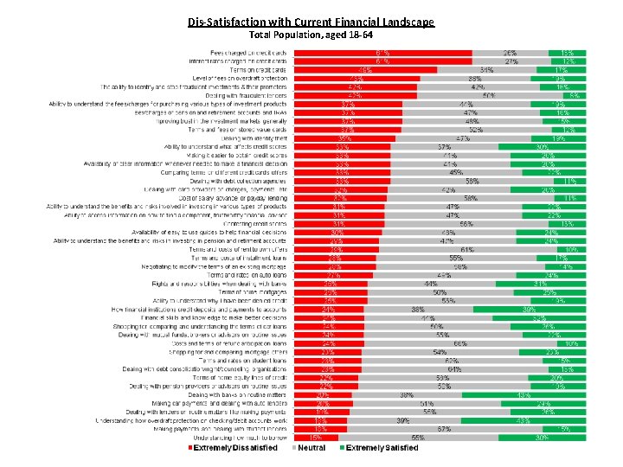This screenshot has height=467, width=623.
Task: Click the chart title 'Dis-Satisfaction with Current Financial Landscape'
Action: click(x=311, y=22)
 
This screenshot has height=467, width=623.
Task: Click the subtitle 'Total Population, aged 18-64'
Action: click(x=311, y=35)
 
